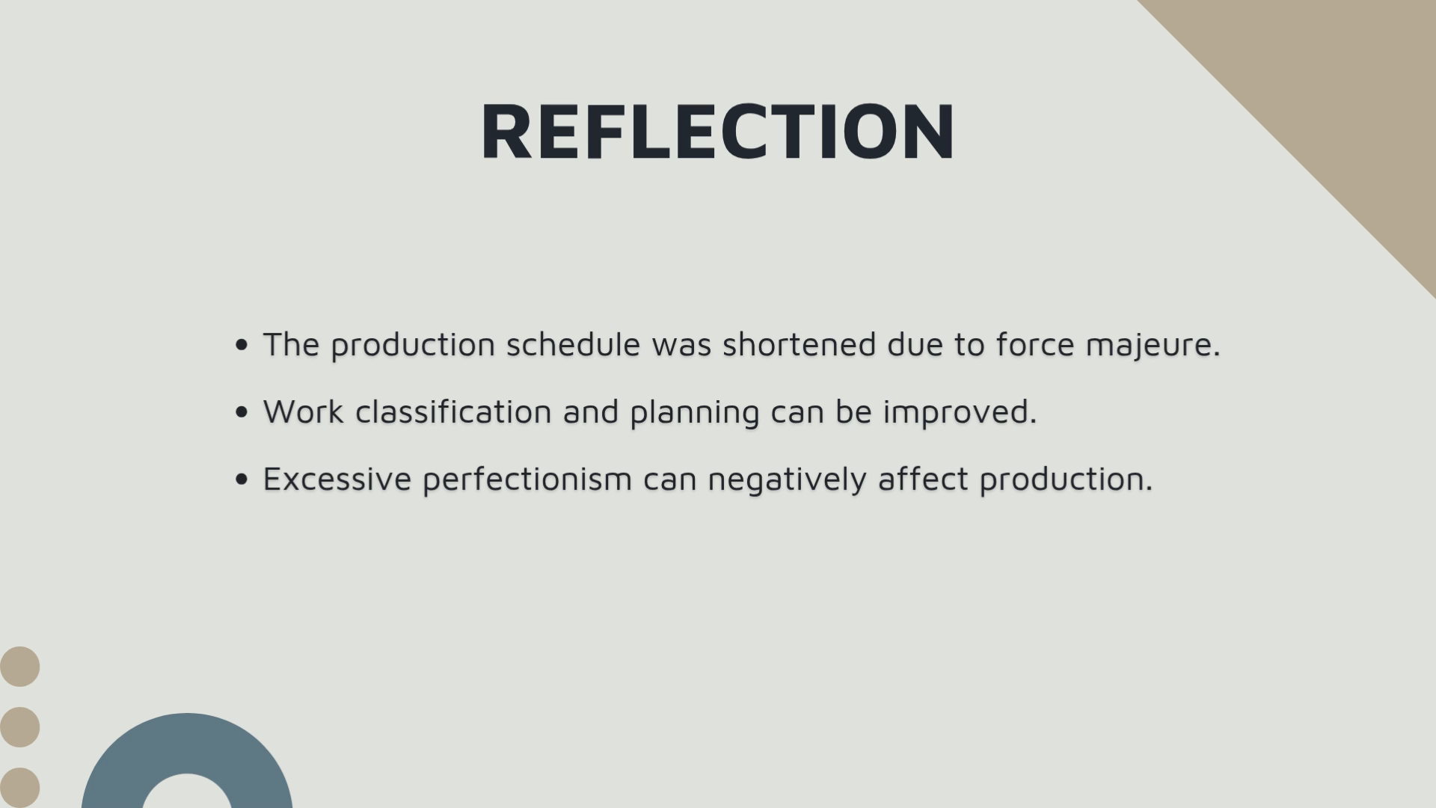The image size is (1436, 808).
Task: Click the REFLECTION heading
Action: coord(717,131)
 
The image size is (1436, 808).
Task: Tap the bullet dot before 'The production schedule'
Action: coord(241,345)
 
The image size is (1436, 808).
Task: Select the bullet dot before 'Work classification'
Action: coord(241,412)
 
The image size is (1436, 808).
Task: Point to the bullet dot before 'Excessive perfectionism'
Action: coord(241,480)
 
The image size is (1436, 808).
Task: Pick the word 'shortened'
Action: coord(799,344)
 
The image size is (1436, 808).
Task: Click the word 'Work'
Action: coord(303,411)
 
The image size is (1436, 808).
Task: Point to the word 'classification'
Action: coord(453,411)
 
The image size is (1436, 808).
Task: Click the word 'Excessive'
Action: coord(337,479)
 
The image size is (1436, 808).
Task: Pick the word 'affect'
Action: coord(924,479)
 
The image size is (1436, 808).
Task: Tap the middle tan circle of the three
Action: coord(19,727)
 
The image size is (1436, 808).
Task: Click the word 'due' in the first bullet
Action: coord(915,344)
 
